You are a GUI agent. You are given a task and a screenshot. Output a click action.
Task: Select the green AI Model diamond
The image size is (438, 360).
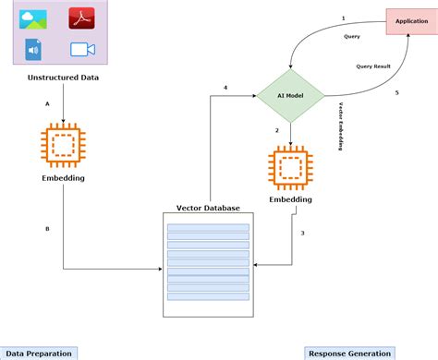tap(291, 96)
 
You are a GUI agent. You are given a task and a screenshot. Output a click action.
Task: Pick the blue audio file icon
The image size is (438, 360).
tap(33, 49)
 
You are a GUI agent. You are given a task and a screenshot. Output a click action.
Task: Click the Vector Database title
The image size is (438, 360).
tap(208, 208)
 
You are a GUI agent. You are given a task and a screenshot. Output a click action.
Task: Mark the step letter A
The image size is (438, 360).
tap(47, 105)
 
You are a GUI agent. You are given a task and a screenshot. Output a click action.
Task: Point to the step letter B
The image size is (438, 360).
tap(47, 228)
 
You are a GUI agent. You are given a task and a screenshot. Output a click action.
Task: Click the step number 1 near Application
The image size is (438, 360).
tap(343, 18)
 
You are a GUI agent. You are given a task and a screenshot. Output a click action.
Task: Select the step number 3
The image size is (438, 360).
tap(302, 233)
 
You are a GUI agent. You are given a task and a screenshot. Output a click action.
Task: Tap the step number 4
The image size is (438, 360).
tap(225, 88)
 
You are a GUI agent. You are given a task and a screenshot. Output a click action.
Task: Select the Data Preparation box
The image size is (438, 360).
tap(37, 353)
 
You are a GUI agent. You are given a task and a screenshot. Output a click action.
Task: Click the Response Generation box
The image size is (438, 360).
tap(348, 353)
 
